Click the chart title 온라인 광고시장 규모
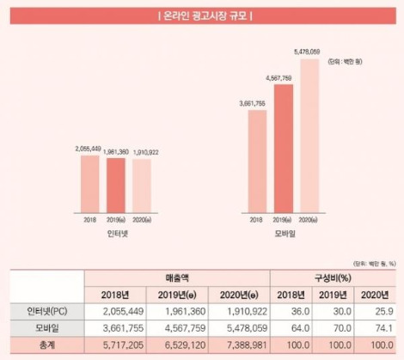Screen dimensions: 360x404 (201, 16)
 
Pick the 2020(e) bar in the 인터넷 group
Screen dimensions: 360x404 (143, 186)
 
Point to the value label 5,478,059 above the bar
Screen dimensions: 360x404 (307, 52)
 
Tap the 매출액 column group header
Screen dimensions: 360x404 (176, 278)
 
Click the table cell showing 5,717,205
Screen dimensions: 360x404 (115, 344)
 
